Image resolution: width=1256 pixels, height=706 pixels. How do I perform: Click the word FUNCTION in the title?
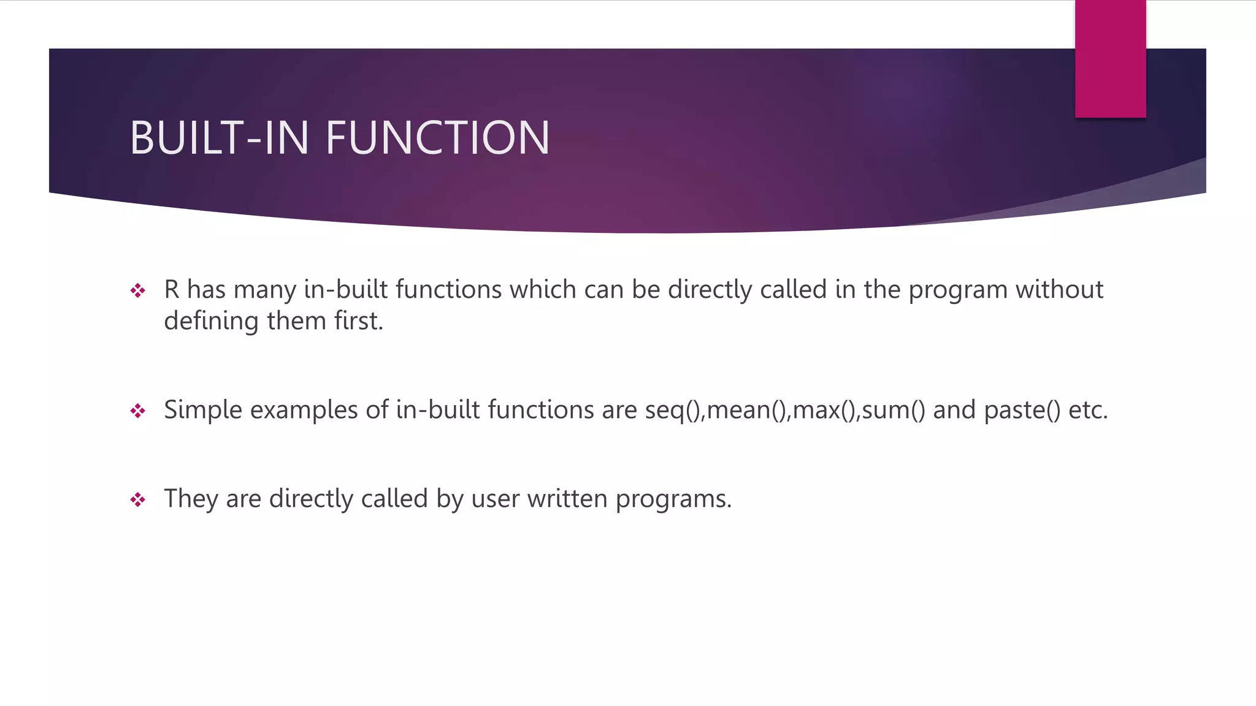click(437, 138)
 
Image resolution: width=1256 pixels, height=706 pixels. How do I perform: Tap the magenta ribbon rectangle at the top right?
click(1110, 58)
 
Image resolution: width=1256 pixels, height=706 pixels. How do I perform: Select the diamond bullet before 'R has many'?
click(138, 290)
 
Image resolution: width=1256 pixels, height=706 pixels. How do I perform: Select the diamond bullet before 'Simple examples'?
click(138, 411)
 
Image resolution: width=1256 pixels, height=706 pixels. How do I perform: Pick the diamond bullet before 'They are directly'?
click(138, 499)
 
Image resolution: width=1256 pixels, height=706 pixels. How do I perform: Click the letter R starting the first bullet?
click(171, 290)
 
